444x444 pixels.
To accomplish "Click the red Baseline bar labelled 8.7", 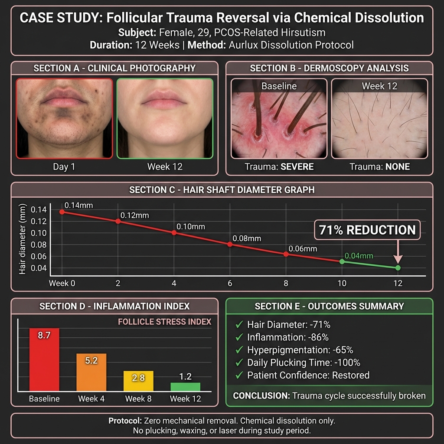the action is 45,359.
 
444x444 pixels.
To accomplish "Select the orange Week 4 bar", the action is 91,372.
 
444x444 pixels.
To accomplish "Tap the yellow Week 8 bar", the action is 138,381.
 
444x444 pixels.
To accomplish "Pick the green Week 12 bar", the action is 186,387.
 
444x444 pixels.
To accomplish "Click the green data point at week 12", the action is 398,268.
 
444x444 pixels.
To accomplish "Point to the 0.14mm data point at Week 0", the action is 62,212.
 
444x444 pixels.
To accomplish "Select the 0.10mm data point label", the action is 191,226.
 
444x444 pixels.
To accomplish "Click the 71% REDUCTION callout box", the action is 367,230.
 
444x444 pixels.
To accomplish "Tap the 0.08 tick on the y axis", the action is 39,245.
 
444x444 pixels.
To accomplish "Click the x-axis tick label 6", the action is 230,283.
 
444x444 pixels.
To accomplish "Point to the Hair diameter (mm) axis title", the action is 23,239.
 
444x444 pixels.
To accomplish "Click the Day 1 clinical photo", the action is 64,118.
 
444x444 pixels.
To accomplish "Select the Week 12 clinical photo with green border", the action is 165,118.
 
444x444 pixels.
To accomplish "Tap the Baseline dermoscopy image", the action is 279,118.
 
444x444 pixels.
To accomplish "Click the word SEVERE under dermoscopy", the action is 297,166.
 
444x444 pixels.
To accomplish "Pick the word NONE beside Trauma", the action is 398,166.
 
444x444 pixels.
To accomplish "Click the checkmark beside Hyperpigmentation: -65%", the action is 239,350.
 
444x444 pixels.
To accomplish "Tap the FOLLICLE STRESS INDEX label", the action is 164,322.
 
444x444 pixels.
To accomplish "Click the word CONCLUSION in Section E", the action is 261,395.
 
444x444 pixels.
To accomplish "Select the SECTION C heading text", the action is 222,190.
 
